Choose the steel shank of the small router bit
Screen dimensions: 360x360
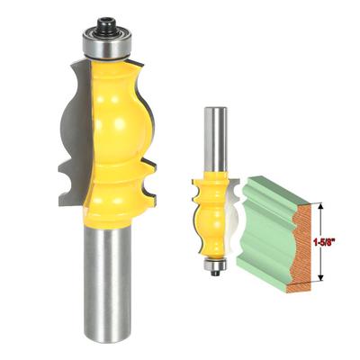pos(213,135)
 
